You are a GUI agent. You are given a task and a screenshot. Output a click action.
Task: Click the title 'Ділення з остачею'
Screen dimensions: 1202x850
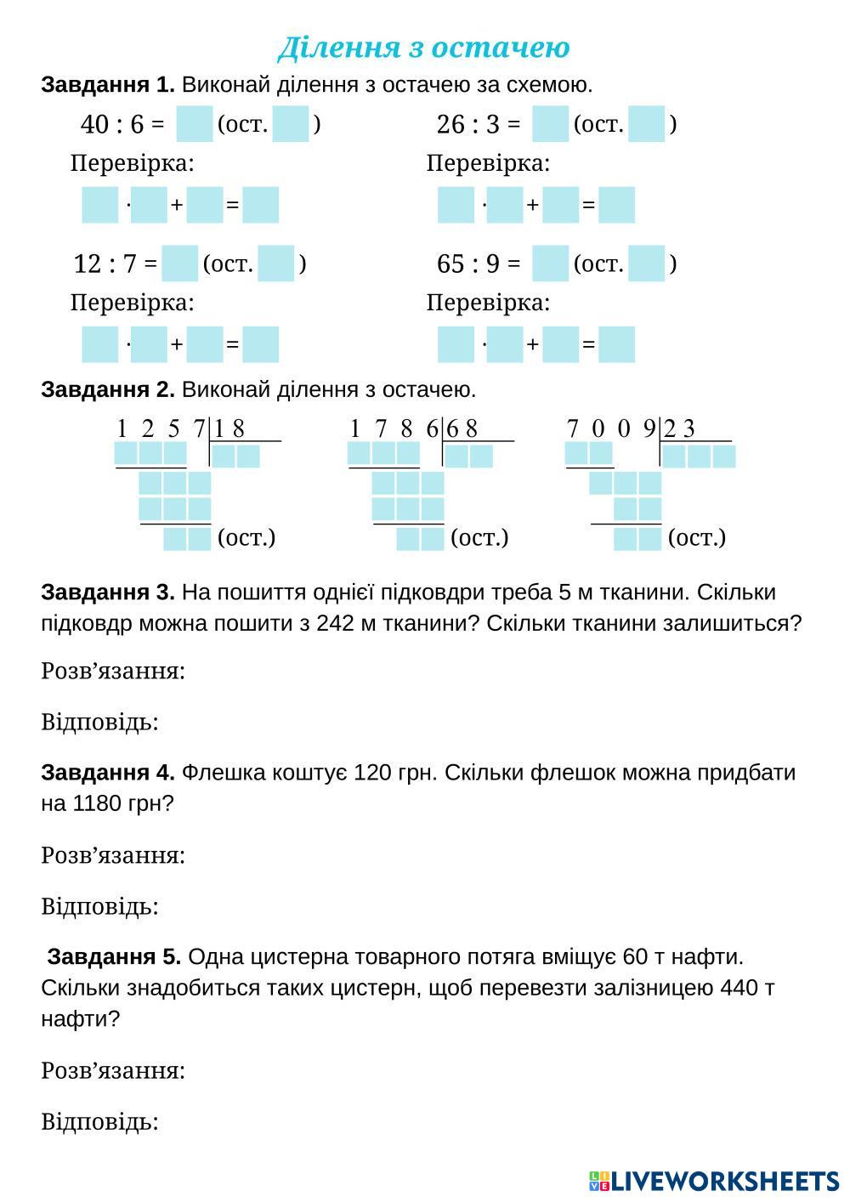(x=423, y=48)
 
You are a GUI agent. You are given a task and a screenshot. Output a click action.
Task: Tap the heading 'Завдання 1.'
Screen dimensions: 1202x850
(x=108, y=85)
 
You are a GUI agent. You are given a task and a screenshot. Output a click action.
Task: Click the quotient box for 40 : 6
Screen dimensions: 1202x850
(x=194, y=124)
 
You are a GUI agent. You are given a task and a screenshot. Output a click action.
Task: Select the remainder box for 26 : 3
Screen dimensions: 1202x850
(x=646, y=124)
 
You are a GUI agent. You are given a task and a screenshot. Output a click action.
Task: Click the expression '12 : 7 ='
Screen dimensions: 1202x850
(x=116, y=264)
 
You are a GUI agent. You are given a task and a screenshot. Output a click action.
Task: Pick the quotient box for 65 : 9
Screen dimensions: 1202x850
(x=550, y=264)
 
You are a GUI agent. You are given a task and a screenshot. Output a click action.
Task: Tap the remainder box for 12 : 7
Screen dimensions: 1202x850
(x=275, y=264)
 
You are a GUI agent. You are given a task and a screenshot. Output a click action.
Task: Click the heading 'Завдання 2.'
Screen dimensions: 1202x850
(x=108, y=390)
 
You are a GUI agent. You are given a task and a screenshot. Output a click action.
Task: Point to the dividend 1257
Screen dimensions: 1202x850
(x=161, y=429)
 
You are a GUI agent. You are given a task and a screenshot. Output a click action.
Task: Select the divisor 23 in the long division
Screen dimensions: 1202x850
(x=679, y=429)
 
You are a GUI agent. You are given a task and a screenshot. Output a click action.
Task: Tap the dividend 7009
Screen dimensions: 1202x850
(x=611, y=429)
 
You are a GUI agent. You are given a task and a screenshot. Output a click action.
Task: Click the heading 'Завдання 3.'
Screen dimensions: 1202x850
(x=108, y=592)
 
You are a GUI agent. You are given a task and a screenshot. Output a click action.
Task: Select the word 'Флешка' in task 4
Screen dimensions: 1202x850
(x=221, y=773)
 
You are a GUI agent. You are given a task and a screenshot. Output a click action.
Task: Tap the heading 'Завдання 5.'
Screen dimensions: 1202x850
(x=114, y=957)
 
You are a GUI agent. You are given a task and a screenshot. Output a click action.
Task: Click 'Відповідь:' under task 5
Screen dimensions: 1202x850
(x=99, y=1122)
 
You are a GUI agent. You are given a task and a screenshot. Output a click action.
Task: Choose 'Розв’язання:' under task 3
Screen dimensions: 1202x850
(x=113, y=672)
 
